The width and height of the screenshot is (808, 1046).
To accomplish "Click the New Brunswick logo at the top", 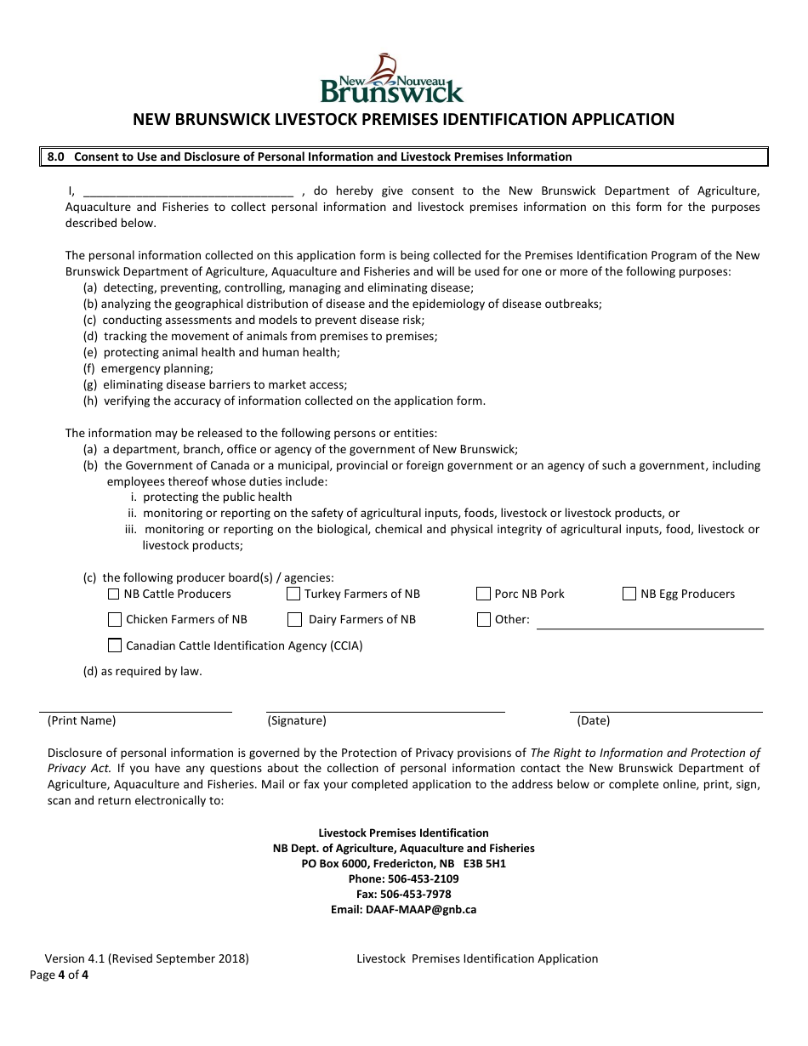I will [x=391, y=79].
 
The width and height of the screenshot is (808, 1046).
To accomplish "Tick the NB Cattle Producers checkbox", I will [x=114, y=594].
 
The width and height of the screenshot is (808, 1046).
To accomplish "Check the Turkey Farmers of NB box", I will [x=293, y=594].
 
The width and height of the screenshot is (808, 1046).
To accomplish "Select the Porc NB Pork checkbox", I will [x=484, y=594].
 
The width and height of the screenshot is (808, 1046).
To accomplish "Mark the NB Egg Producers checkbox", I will [x=629, y=594].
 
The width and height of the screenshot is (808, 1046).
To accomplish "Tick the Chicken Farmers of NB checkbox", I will [x=115, y=619].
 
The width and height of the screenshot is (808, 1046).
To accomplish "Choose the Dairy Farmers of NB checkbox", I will [x=294, y=619].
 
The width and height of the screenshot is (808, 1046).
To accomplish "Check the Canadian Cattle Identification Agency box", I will [x=115, y=645].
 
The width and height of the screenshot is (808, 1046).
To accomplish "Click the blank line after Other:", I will [x=650, y=623].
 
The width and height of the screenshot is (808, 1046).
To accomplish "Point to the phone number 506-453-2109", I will [x=423, y=878].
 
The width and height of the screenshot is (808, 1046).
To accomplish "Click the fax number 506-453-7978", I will [x=416, y=894].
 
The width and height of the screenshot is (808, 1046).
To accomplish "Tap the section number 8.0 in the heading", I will [x=56, y=156].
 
